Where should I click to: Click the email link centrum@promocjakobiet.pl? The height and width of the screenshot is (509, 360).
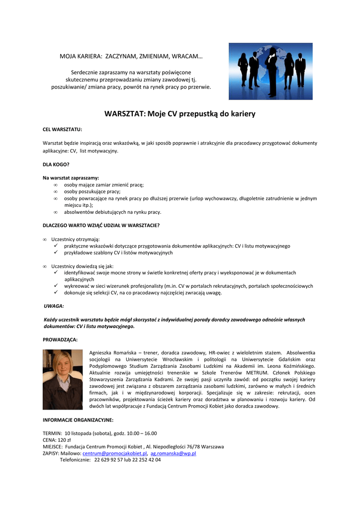click(x=114, y=453)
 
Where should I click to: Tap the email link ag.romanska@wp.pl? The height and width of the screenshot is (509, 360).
click(x=173, y=453)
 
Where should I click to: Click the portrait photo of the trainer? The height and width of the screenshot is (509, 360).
click(x=63, y=379)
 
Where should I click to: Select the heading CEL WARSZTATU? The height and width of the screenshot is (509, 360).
click(x=62, y=129)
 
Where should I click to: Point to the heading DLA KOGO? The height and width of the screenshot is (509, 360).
click(x=56, y=164)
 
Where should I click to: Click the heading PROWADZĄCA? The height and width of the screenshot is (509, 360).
click(x=60, y=339)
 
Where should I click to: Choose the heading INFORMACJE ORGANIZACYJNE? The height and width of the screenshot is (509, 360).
click(x=78, y=420)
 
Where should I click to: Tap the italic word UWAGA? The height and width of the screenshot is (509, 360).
click(x=54, y=306)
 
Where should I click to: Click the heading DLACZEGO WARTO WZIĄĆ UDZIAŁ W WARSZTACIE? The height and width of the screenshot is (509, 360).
click(x=101, y=225)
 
